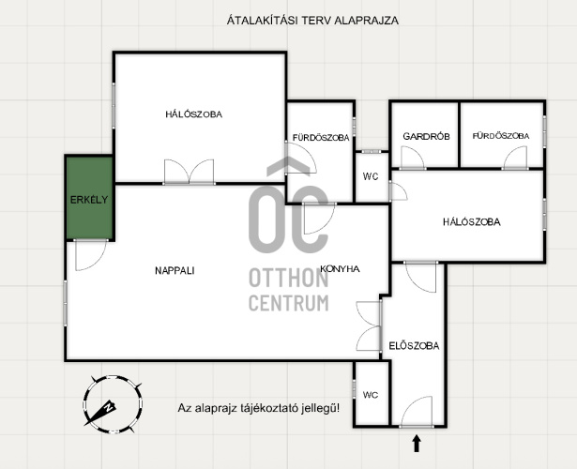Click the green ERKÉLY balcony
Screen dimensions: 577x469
[x=89, y=198]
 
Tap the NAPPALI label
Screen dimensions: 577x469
[x=175, y=271]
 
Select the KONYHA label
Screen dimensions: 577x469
[x=340, y=269]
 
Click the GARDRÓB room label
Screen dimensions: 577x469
[x=426, y=136]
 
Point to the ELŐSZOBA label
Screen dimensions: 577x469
[x=414, y=346]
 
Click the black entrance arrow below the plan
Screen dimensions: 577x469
[x=417, y=444]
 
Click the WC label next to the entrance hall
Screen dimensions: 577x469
[x=371, y=395]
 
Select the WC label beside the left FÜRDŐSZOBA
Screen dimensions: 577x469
[x=371, y=176]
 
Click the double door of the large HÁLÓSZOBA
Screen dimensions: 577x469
[x=190, y=172]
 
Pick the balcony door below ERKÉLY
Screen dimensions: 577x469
[x=91, y=255]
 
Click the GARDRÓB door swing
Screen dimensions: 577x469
[x=413, y=158]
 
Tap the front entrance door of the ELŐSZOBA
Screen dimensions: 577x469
[x=417, y=412]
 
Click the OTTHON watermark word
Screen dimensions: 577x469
[x=289, y=278]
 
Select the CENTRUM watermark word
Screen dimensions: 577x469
[x=289, y=303]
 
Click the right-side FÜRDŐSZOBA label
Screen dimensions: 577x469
[x=501, y=136]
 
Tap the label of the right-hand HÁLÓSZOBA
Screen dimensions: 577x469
[x=471, y=222]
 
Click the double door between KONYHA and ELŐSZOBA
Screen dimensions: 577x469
[x=369, y=325]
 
